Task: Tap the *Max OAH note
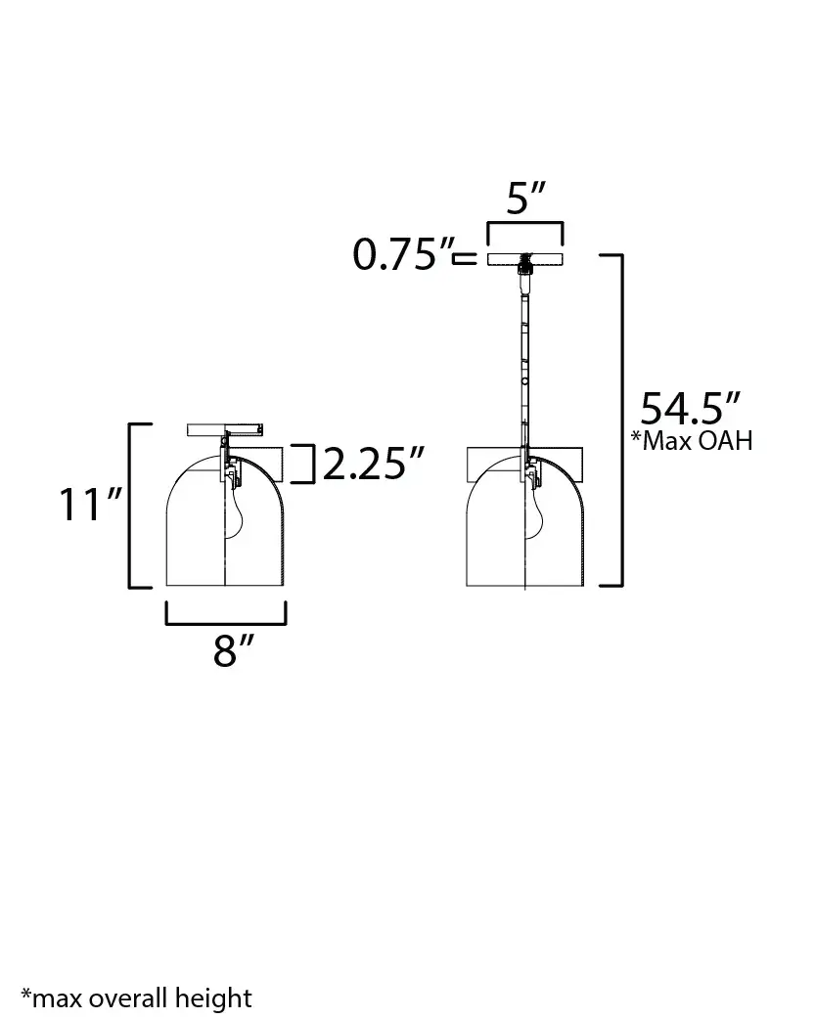tap(692, 440)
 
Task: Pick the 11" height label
tap(89, 506)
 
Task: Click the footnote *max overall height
tap(136, 998)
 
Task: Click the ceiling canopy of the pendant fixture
tap(525, 258)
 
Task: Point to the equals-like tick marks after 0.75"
tap(465, 258)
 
